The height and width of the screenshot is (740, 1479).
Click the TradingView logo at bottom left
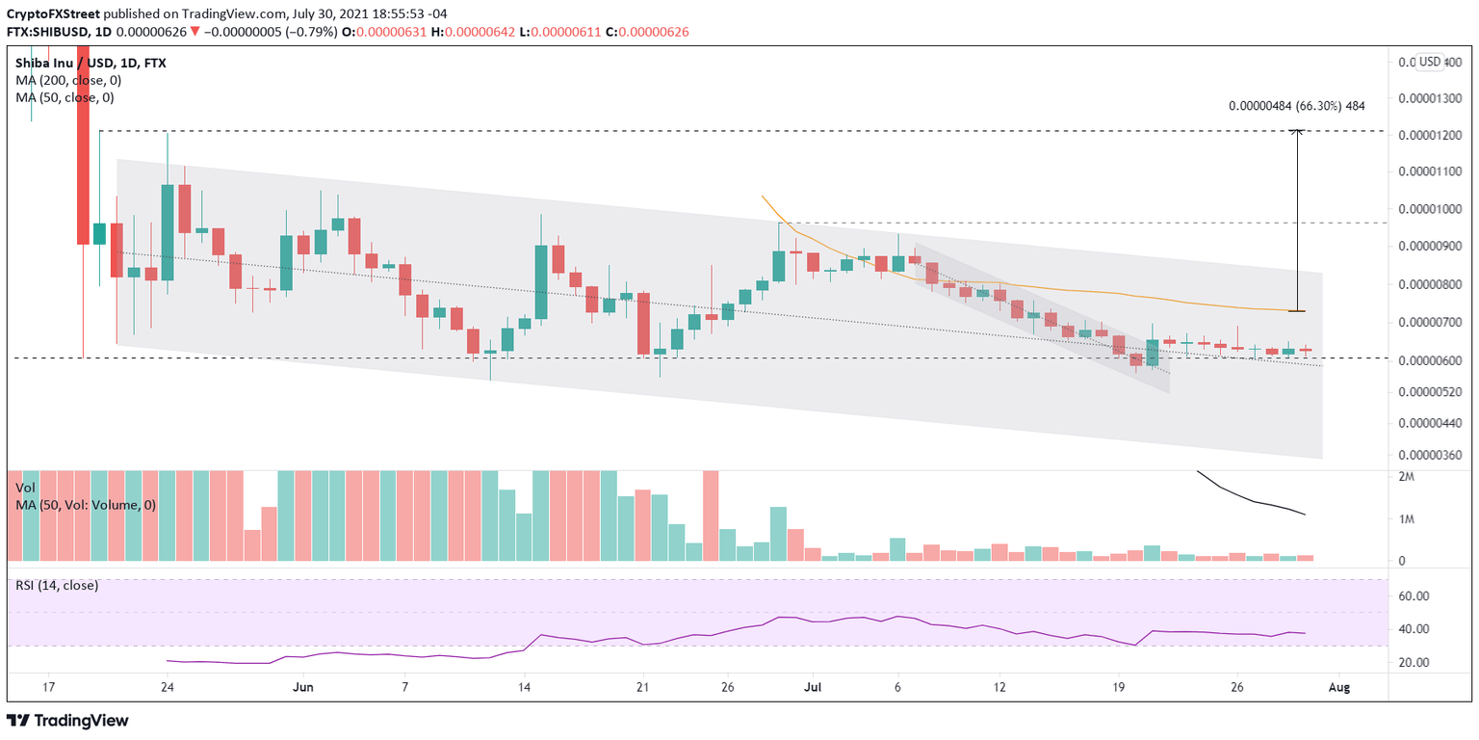(67, 721)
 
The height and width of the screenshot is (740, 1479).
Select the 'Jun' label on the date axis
(303, 687)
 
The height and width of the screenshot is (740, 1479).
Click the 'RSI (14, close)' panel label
(57, 585)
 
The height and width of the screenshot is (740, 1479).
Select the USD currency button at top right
(1430, 62)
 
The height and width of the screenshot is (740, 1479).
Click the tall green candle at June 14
(541, 281)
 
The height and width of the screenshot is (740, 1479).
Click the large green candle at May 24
(168, 231)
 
